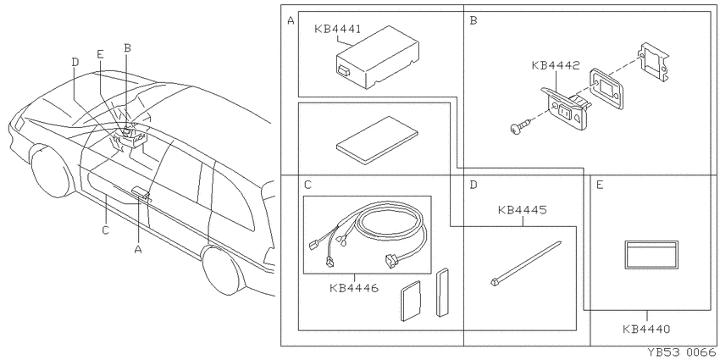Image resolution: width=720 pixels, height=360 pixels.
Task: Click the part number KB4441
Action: [337, 29]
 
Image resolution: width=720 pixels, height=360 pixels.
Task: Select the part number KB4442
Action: [556, 65]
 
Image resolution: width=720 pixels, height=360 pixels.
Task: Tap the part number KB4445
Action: [522, 210]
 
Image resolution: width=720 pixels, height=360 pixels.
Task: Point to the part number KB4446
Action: [353, 288]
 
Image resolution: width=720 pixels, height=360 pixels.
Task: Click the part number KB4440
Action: [646, 330]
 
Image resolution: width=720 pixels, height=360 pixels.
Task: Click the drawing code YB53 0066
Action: [683, 352]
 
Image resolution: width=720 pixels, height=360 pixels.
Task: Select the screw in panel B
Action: [521, 125]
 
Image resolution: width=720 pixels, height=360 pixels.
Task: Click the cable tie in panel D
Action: [526, 263]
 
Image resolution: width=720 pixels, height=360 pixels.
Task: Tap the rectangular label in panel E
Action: [651, 254]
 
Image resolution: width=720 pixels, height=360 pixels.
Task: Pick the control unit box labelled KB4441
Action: [378, 58]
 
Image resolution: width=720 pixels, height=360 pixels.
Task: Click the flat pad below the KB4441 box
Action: [377, 140]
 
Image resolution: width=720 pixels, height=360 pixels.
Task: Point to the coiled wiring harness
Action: [368, 233]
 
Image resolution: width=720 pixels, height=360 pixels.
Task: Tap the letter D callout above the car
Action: [75, 62]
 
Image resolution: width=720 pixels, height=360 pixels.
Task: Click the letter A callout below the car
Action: [138, 249]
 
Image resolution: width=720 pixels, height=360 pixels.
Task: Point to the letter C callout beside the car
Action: [106, 230]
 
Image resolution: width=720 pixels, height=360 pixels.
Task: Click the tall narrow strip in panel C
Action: [442, 292]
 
